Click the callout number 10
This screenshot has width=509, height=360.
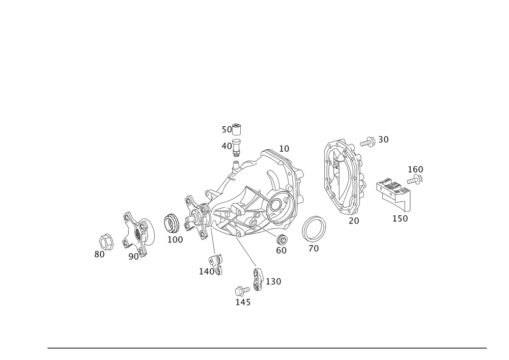pos(284,148)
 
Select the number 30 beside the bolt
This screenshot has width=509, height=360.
pos(383,139)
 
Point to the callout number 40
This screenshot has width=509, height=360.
pos(227,146)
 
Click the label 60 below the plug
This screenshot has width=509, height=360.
pos(281,250)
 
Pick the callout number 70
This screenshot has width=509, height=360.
pos(314,249)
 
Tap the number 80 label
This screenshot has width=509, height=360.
pos(100,254)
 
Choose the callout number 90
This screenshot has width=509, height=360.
pos(133,257)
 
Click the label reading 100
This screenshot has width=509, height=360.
pos(175,239)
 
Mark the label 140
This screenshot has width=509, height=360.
pos(209,272)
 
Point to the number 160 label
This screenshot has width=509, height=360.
pos(415,169)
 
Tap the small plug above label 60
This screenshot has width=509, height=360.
pos(280,238)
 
